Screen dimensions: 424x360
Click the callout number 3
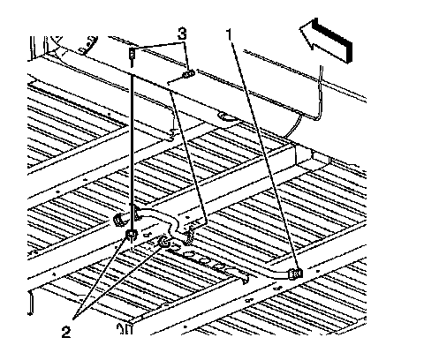[x=182, y=34]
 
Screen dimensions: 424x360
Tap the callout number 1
[x=231, y=34]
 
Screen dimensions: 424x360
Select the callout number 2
[x=66, y=333]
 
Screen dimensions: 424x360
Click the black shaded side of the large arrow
[x=333, y=40]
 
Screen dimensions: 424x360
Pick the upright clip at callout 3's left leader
[x=132, y=56]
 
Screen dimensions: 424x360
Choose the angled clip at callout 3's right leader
[x=188, y=74]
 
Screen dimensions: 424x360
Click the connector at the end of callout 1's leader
[x=296, y=274]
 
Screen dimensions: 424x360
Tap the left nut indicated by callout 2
[x=132, y=235]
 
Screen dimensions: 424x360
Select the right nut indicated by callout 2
[x=163, y=242]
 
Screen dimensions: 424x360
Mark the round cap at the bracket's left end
[x=119, y=221]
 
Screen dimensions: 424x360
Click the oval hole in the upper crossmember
[x=226, y=117]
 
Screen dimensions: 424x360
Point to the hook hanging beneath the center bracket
[x=188, y=236]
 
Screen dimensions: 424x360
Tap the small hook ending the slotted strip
[x=245, y=279]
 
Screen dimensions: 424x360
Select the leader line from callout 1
[x=266, y=156]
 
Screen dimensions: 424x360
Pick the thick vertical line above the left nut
[x=132, y=153]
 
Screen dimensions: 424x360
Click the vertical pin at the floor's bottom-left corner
[x=30, y=304]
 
